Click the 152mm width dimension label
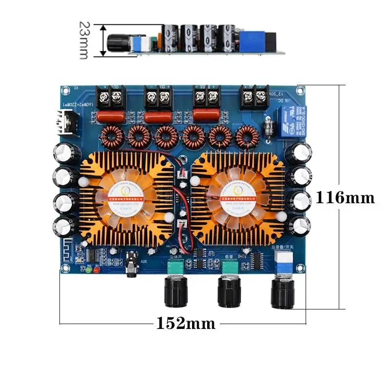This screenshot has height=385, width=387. pyautogui.click(x=185, y=323)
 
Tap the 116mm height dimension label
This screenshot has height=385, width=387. pyautogui.click(x=345, y=198)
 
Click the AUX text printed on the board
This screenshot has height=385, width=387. pyautogui.click(x=143, y=261)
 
